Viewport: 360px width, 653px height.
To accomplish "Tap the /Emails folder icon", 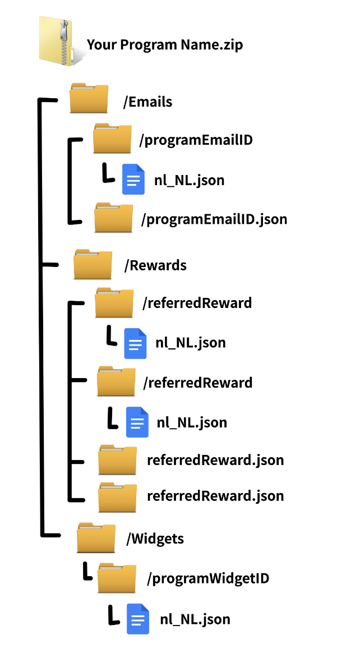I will pos(89,98).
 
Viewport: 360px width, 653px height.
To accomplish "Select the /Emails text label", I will pos(147,102).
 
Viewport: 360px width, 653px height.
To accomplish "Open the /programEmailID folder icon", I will pos(112,137).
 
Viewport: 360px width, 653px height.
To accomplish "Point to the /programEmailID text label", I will pos(196,140).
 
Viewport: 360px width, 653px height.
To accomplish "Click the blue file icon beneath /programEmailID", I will pos(133,180).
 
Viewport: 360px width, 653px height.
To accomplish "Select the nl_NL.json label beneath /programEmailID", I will pos(190,181).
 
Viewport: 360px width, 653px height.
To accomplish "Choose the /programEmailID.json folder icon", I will pos(114,218).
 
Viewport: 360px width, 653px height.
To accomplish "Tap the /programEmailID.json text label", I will pos(214,219).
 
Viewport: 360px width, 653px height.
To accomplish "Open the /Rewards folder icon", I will pos(93,264).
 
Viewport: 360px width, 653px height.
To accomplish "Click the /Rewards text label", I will pos(155,265).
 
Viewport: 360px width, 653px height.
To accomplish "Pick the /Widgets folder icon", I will pos(96,537).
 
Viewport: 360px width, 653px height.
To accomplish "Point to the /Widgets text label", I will pos(155,539).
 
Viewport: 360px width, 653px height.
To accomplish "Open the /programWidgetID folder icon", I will pos(117,577).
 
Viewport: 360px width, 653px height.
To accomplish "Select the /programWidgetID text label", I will pos(208,578).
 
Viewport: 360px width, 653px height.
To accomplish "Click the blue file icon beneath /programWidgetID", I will pos(138,619).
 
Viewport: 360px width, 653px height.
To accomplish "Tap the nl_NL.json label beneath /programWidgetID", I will pos(195,619).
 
